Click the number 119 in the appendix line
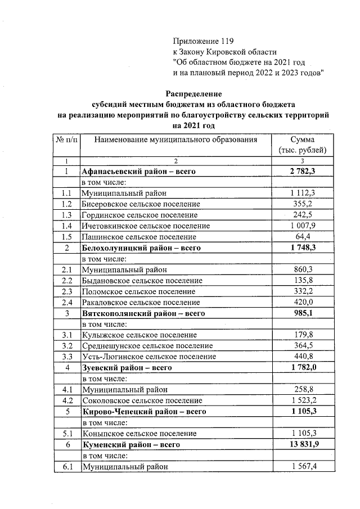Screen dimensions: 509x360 pyautogui.click(x=225, y=41)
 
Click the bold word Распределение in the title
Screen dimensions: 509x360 pyautogui.click(x=193, y=93)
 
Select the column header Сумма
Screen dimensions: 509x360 pyautogui.click(x=303, y=139)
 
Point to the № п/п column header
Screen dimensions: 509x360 pyautogui.click(x=66, y=139)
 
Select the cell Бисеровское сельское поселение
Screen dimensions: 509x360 pyautogui.click(x=141, y=204)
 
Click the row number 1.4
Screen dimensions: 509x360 pyautogui.click(x=66, y=226)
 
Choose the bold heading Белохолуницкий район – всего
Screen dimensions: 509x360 pyautogui.click(x=141, y=247)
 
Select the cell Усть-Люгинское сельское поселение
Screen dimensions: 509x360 pyautogui.click(x=148, y=357)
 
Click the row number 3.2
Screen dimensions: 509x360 pyautogui.click(x=66, y=345)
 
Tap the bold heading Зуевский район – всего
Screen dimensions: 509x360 pyautogui.click(x=126, y=367)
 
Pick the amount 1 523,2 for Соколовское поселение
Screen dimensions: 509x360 pyautogui.click(x=303, y=400)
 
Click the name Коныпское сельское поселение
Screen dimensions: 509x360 pyautogui.click(x=138, y=433)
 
